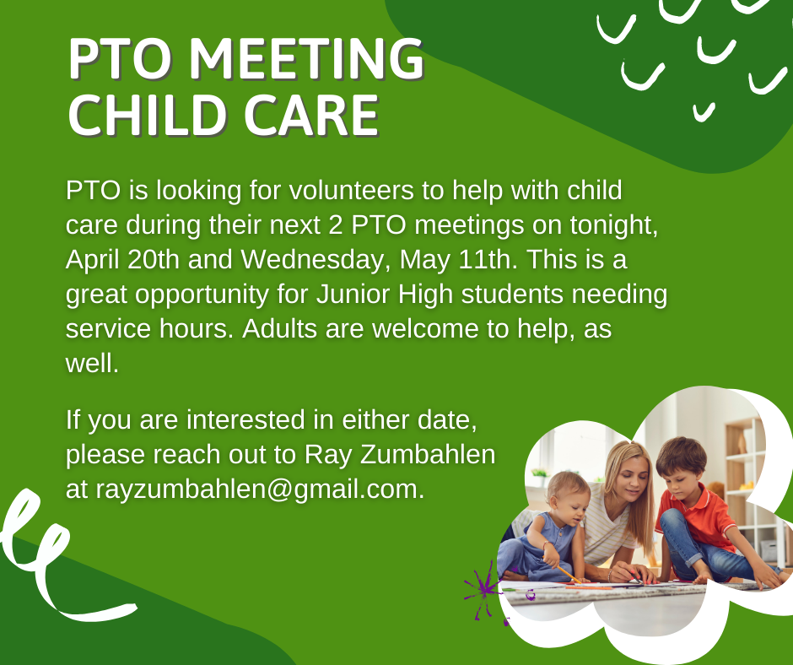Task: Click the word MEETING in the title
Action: coord(306,59)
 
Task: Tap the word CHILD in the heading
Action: coord(147,116)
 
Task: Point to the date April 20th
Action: coord(122,260)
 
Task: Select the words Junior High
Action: coord(385,295)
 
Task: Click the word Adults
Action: coord(278,328)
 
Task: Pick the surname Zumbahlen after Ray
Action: coord(428,454)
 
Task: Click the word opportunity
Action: coord(202,295)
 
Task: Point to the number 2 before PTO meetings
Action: coord(335,225)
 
